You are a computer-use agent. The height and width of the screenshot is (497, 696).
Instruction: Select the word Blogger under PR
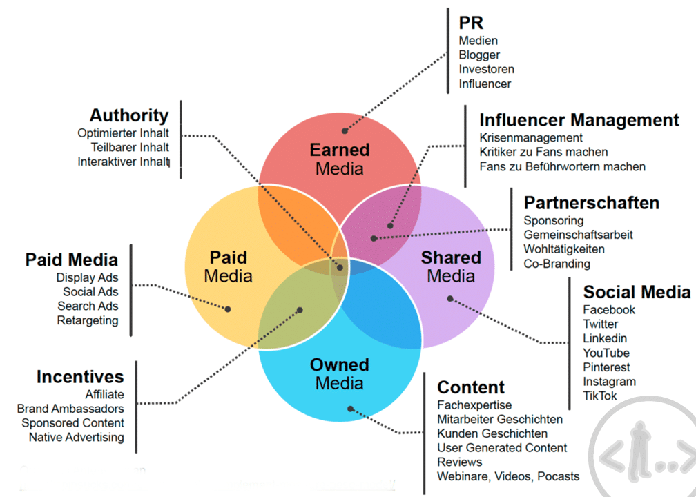(479, 55)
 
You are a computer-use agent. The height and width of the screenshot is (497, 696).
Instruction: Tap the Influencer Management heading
(579, 119)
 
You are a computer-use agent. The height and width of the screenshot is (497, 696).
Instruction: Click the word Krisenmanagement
(531, 137)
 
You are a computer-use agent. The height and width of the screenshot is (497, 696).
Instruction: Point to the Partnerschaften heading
(591, 203)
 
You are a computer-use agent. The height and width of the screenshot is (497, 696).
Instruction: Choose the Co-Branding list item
(557, 263)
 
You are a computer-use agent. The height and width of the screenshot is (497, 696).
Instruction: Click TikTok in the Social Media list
(599, 396)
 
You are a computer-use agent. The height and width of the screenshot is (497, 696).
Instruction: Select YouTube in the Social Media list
(606, 353)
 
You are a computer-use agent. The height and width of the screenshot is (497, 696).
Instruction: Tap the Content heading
(471, 387)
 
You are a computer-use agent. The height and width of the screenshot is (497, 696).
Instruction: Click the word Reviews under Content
(459, 462)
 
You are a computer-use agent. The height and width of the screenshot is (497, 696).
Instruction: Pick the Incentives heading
(80, 377)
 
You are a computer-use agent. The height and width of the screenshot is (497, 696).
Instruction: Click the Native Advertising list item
(76, 437)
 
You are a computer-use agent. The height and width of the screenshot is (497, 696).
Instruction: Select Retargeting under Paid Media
(88, 320)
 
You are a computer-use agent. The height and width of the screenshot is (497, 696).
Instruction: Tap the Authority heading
(129, 115)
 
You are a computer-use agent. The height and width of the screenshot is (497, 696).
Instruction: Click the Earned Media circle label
(339, 159)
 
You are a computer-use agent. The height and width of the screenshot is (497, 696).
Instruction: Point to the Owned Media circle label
(339, 373)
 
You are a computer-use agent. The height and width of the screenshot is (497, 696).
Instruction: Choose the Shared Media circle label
(451, 266)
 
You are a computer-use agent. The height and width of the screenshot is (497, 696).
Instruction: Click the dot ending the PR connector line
(345, 128)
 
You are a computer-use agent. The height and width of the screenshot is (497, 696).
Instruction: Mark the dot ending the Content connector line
(351, 409)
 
